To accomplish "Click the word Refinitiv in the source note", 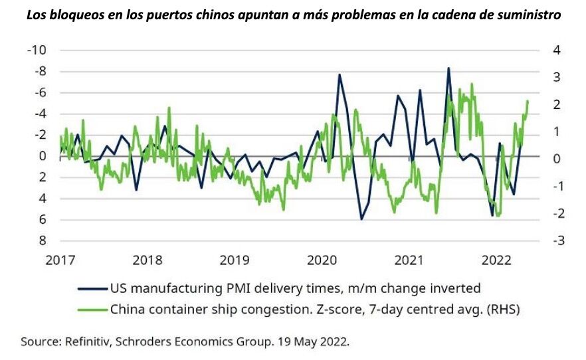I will point(90,342).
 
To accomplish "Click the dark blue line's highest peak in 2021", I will point(448,68).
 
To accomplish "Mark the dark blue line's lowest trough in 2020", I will point(361,219).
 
